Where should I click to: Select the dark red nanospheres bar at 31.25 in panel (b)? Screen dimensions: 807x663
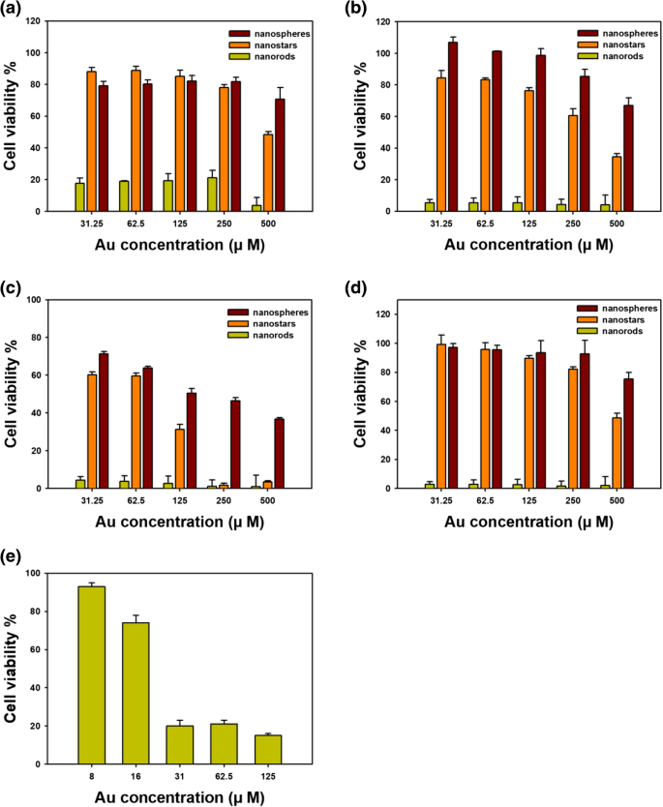tap(453, 126)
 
